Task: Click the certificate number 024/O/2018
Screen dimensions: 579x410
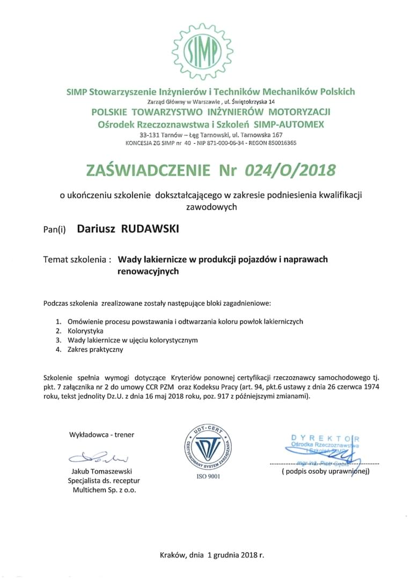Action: click(290, 170)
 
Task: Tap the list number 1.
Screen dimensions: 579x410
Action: click(59, 322)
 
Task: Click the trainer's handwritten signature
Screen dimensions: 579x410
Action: click(101, 457)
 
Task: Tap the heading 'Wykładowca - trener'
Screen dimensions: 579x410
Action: click(101, 435)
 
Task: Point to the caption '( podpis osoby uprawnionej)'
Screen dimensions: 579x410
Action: click(325, 472)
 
